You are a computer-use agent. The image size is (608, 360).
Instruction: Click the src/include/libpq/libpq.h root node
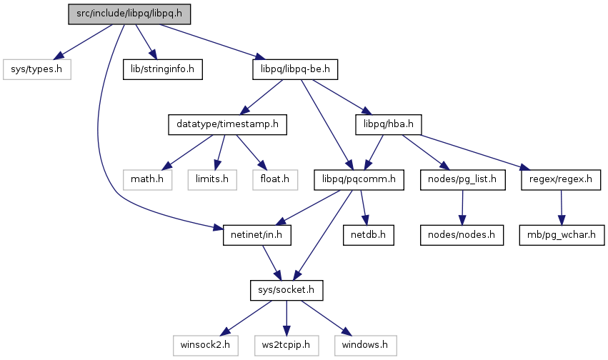[x=130, y=15]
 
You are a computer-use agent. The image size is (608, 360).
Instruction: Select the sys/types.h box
[x=37, y=69]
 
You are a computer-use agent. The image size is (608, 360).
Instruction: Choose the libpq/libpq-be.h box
[x=294, y=69]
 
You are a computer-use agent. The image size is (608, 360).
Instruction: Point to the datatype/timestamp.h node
[x=227, y=124]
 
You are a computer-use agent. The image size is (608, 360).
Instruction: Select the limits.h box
[x=213, y=179]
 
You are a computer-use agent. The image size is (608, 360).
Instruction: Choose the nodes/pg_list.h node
[x=463, y=179]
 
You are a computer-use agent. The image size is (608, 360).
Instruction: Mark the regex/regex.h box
[x=561, y=179]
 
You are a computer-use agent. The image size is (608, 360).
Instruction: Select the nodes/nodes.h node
[x=462, y=234]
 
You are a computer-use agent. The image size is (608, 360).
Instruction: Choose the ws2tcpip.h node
[x=286, y=344]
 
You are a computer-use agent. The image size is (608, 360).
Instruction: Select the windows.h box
[x=364, y=344]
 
